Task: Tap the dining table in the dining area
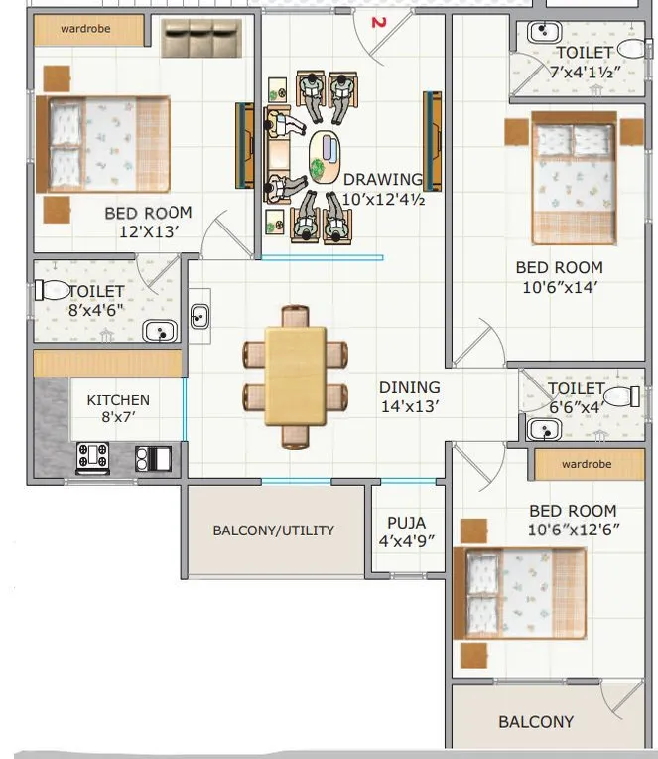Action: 296,376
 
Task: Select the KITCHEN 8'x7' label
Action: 118,400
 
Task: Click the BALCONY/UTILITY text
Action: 273,531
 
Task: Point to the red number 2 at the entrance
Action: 377,21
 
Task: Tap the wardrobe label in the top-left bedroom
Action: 85,29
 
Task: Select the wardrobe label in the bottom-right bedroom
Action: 586,464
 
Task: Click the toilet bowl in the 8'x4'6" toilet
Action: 52,290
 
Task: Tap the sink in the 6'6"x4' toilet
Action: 542,429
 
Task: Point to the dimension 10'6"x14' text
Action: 559,287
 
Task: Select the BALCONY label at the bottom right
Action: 536,722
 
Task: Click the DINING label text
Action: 409,387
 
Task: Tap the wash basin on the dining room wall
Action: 199,317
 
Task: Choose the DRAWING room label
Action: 382,180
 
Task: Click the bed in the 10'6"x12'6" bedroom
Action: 520,593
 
